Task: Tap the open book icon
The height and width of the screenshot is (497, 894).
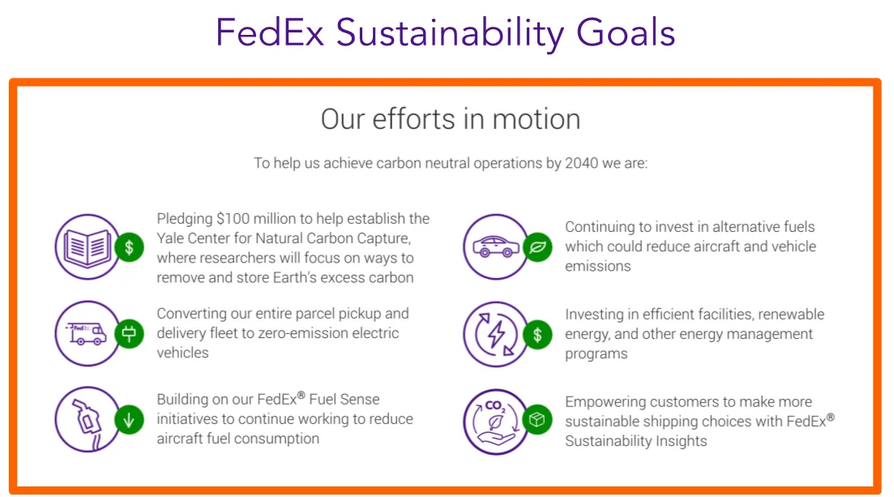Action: coord(87,246)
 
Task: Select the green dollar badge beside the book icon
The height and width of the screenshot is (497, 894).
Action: coord(129,246)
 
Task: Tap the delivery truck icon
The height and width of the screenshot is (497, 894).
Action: coord(87,333)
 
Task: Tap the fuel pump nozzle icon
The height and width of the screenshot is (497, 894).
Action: coord(87,420)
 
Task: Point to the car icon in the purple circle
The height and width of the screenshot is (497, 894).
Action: coord(495,246)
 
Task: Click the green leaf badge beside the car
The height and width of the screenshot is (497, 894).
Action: coord(537,246)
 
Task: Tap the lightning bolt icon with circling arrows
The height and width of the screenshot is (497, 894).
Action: coord(495,334)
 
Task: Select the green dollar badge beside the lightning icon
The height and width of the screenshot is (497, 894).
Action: coord(537,334)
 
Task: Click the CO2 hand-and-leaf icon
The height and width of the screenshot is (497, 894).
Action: coord(495,421)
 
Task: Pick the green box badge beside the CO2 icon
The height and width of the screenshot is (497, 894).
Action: coord(537,421)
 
